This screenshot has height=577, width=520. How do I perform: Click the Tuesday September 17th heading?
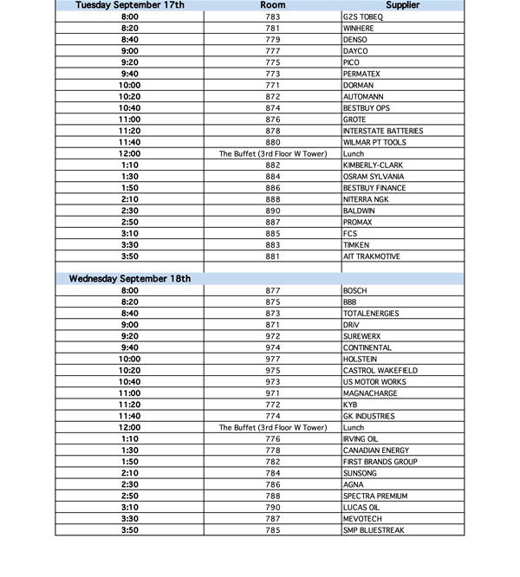(130, 5)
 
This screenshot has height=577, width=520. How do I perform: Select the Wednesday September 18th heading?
(130, 279)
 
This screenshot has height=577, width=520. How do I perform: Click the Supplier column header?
(403, 5)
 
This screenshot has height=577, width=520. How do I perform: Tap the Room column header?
(273, 5)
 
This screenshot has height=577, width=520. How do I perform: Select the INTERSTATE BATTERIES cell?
(383, 131)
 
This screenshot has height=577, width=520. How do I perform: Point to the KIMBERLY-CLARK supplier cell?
(373, 165)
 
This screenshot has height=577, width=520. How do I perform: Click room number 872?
(273, 97)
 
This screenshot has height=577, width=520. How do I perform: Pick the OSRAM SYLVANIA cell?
(374, 177)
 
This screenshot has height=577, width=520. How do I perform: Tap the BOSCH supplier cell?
(355, 290)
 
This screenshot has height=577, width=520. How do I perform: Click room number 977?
(273, 359)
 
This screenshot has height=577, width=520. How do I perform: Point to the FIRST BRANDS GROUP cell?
(380, 462)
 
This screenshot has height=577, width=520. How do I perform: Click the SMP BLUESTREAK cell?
(374, 530)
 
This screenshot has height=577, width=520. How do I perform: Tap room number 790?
(273, 508)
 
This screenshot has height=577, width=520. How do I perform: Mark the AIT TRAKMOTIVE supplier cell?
(373, 256)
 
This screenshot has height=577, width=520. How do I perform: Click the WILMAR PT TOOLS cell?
(374, 142)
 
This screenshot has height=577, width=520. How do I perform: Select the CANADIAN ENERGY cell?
(374, 451)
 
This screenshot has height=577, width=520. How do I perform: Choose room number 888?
(273, 199)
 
